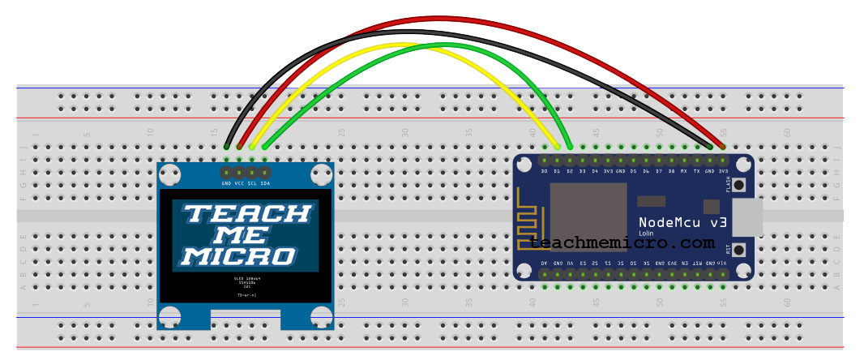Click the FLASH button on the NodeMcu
(x=739, y=185)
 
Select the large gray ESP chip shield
(x=588, y=216)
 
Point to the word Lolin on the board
(x=646, y=234)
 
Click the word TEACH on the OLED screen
(x=246, y=213)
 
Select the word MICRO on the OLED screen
(x=237, y=256)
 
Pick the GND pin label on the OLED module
(x=227, y=183)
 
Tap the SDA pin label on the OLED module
(x=265, y=183)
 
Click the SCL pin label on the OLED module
(x=252, y=183)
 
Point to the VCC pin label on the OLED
(x=240, y=183)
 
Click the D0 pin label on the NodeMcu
(x=545, y=171)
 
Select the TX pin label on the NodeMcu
(x=696, y=171)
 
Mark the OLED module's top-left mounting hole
(x=170, y=174)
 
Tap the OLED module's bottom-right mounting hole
(x=321, y=317)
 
